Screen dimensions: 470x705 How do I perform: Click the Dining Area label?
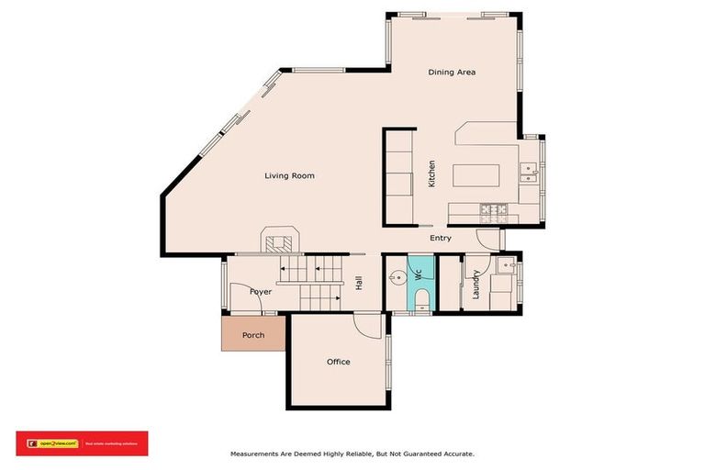452,73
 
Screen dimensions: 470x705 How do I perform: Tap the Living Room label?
289,175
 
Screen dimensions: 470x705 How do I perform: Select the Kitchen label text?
431,174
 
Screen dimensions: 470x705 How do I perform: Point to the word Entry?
441,239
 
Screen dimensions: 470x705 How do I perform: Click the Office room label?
339,362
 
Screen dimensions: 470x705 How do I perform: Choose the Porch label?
253,335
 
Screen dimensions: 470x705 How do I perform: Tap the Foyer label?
262,291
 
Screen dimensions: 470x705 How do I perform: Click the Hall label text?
358,284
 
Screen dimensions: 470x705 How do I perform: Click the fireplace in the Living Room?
280,242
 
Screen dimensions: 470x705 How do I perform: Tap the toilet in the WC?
421,299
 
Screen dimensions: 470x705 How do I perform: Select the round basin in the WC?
396,274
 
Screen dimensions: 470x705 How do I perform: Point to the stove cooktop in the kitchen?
492,213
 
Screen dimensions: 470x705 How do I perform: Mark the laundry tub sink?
504,265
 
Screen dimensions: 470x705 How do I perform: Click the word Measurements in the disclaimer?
258,453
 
